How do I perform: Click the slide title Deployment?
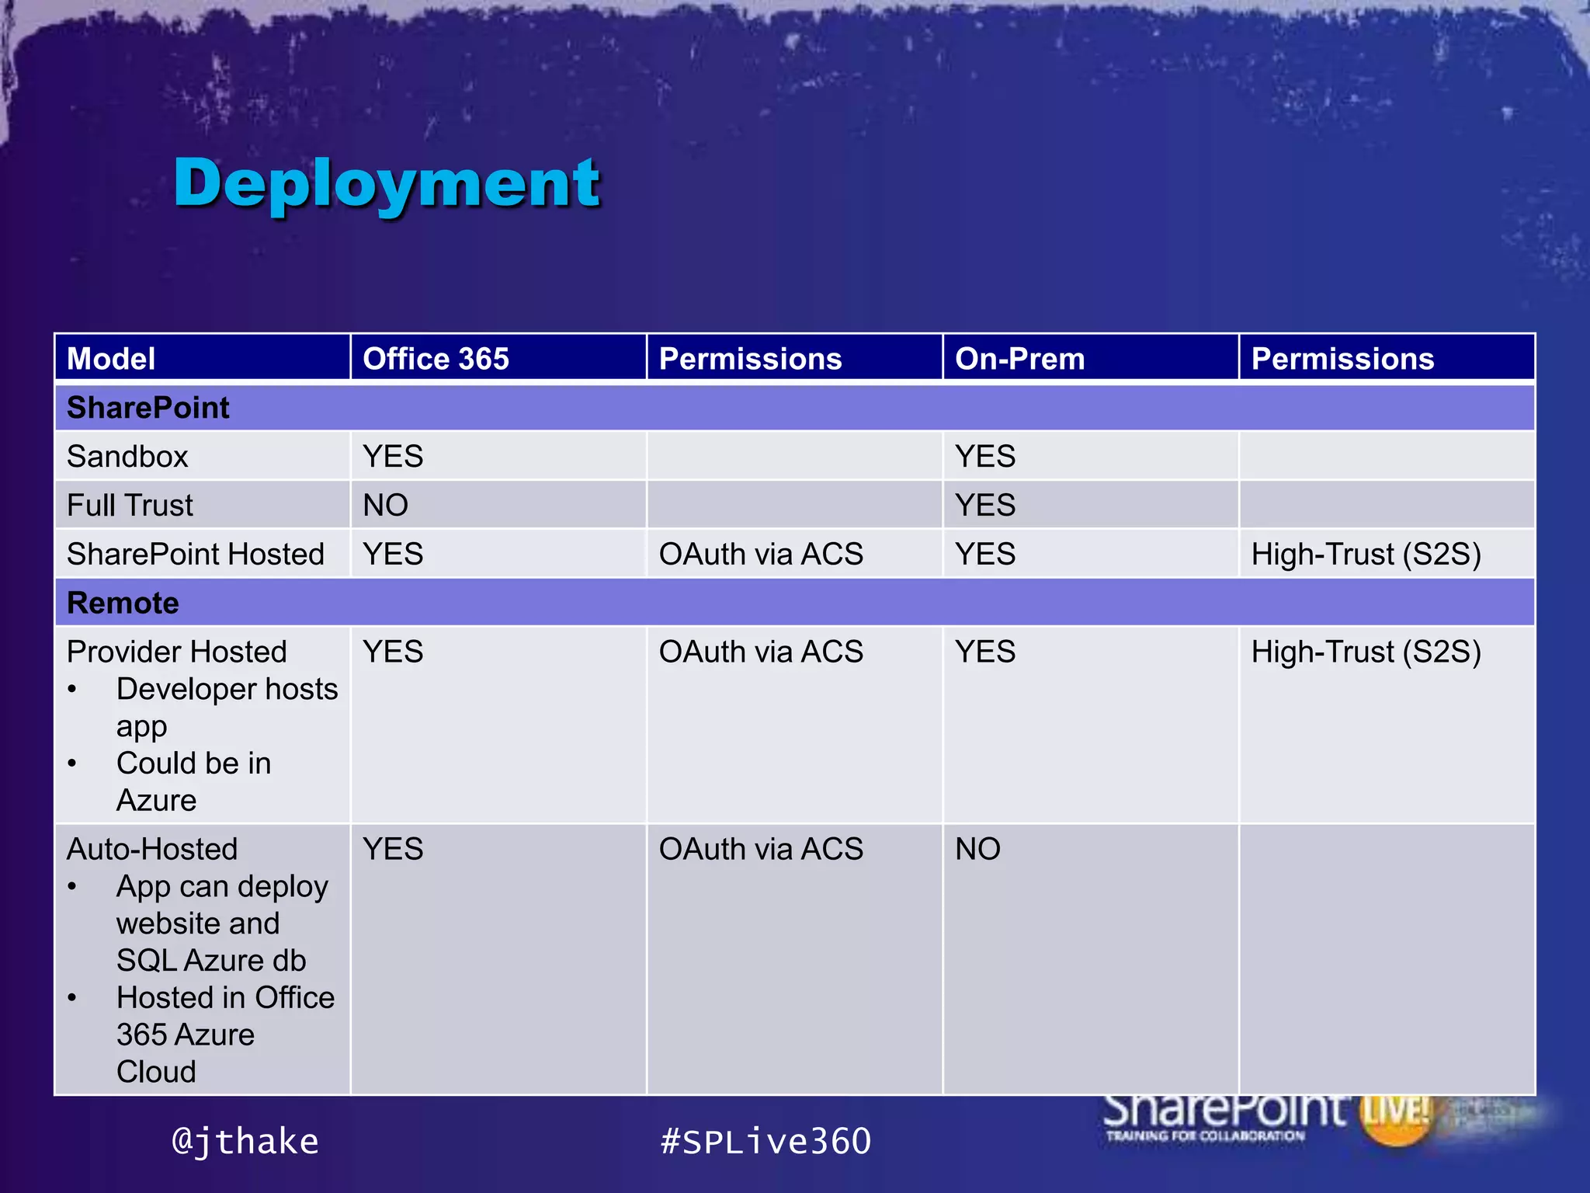click(387, 183)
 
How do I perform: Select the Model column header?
click(111, 359)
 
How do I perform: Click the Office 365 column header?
click(436, 359)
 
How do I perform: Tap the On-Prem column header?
click(1019, 359)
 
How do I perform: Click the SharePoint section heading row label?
click(148, 408)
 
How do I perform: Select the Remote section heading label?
click(123, 603)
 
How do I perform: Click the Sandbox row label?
click(127, 457)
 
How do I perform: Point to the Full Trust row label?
click(130, 506)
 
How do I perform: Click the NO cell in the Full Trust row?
click(385, 506)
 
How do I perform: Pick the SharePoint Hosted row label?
click(195, 555)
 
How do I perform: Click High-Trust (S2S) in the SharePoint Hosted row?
click(1366, 555)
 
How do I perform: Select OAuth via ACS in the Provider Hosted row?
click(761, 652)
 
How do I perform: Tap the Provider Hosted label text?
click(176, 652)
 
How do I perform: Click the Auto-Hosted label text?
click(152, 849)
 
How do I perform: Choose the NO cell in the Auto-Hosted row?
click(977, 849)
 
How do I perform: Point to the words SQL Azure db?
click(211, 961)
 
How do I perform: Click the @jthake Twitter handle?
click(245, 1141)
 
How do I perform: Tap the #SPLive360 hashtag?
click(765, 1141)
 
